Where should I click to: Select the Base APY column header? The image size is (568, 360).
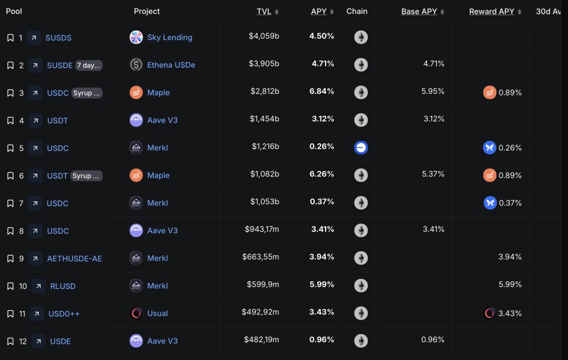(419, 12)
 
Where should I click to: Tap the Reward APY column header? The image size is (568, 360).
(491, 12)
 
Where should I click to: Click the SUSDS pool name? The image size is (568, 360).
(58, 38)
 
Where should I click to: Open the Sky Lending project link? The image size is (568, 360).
(170, 37)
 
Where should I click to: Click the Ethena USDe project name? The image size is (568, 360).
(171, 65)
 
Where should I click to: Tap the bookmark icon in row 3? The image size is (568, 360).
(10, 93)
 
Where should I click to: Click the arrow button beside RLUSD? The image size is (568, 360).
(38, 286)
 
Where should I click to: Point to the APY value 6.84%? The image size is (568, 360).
(322, 91)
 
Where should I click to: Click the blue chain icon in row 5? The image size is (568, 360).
(361, 148)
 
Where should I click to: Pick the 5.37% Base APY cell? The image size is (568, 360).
(433, 174)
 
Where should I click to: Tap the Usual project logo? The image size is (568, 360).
(136, 313)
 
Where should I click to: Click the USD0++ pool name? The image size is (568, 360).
(64, 314)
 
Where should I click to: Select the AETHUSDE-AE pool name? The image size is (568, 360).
(74, 258)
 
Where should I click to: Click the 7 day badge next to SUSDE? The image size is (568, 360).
(89, 65)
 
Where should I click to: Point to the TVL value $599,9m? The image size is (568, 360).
(263, 285)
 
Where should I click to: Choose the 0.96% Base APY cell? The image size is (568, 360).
(433, 339)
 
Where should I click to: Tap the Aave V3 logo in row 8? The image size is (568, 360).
(136, 230)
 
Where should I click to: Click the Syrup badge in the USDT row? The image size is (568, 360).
(86, 176)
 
